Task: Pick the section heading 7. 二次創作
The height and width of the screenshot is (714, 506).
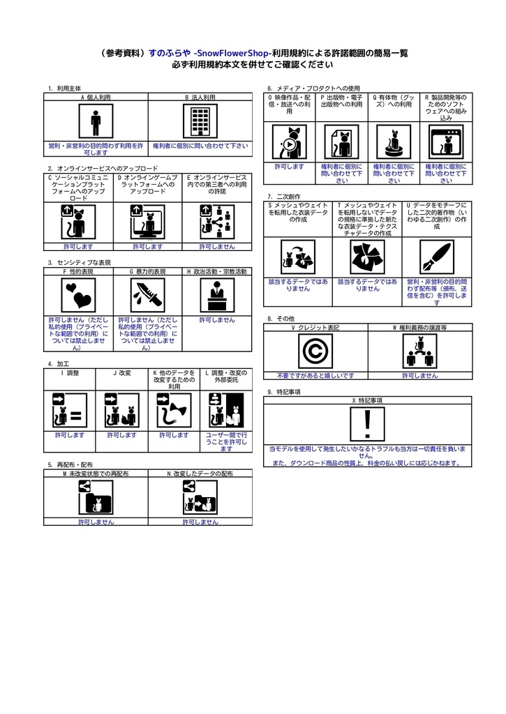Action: coord(284,197)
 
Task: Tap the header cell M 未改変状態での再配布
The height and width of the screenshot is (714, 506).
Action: coord(96,473)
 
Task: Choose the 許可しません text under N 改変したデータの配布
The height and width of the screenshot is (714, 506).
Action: coord(200,522)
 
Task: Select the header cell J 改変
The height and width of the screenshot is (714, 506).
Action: coord(122,373)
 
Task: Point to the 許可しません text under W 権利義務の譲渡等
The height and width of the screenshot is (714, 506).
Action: coord(419,375)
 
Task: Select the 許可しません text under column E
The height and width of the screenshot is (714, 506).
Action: coord(217,246)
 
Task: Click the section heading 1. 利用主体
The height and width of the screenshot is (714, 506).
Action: coord(64,89)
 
